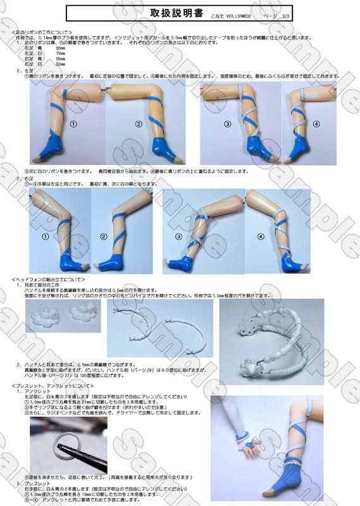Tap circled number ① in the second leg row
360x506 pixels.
46,236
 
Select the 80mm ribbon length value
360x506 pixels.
61,64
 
